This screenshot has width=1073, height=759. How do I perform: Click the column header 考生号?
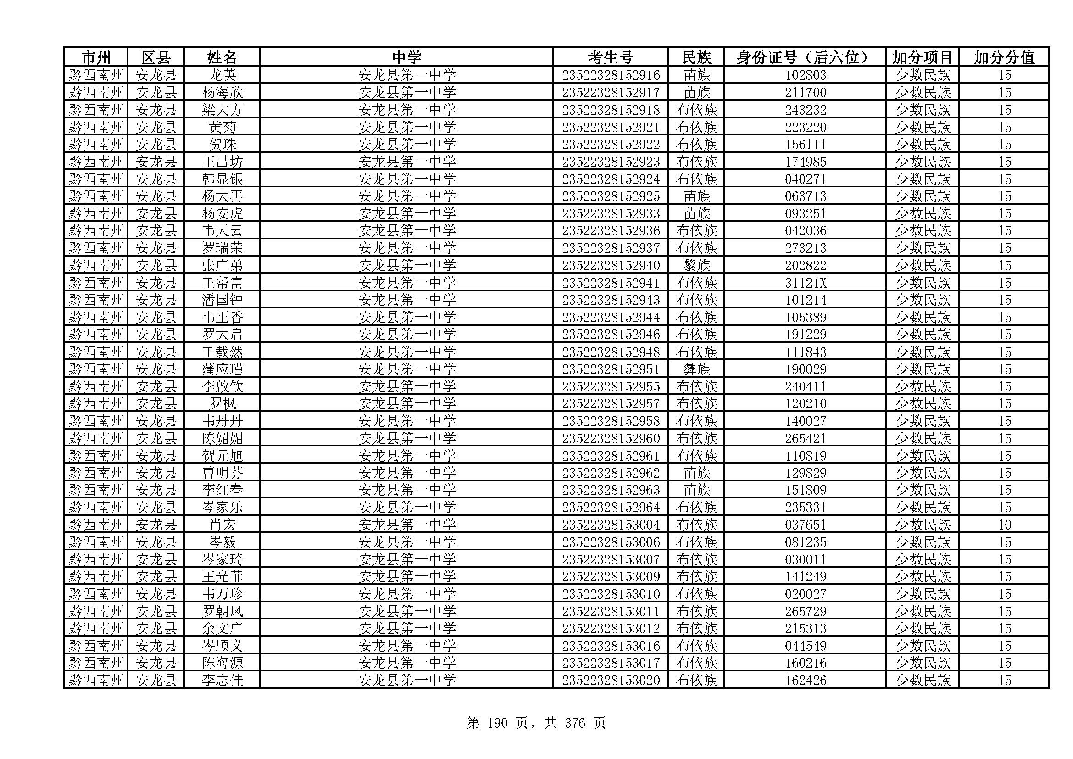[610, 57]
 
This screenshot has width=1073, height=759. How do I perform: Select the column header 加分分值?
[1004, 57]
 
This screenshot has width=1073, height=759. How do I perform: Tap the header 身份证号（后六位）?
[805, 57]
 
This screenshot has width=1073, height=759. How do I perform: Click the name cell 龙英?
[222, 75]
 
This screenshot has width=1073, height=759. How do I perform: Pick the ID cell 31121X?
[805, 283]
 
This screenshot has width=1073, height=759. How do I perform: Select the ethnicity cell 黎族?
[696, 265]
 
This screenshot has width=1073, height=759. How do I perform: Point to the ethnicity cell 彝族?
[696, 369]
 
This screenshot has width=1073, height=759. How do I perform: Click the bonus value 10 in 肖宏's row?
[1004, 525]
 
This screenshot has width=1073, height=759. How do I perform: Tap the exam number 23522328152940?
[610, 265]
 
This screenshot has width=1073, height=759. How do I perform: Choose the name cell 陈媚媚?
[222, 438]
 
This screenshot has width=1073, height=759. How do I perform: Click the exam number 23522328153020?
[610, 681]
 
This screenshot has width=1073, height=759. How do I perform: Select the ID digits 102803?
[805, 75]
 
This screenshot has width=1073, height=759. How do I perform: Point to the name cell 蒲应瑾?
[222, 369]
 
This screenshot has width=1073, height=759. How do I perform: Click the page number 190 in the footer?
[497, 724]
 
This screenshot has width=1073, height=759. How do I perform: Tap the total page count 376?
[574, 724]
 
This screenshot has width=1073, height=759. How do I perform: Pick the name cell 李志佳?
[222, 681]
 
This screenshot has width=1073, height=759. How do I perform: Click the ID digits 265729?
[805, 611]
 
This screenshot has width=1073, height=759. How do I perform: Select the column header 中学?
[406, 57]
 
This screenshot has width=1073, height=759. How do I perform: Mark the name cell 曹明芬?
[222, 473]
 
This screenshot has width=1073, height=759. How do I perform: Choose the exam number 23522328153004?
[610, 525]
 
